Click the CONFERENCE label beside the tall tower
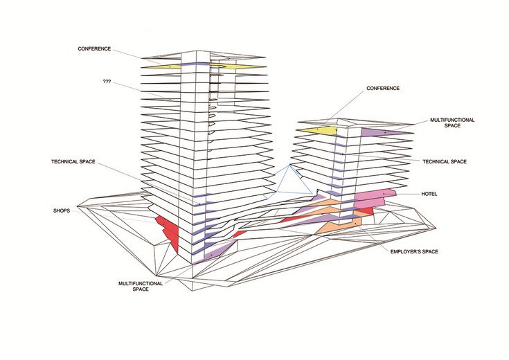[94, 48]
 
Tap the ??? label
[107, 82]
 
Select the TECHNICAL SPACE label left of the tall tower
[73, 162]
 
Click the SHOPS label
[62, 210]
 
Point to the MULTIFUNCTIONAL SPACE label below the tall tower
[141, 286]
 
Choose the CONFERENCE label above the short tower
[383, 89]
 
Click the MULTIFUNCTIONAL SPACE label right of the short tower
[452, 123]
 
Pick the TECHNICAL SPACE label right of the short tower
[445, 162]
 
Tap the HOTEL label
[429, 194]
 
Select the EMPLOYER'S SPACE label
[414, 251]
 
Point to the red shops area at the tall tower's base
[169, 232]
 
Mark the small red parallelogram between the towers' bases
[240, 234]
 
